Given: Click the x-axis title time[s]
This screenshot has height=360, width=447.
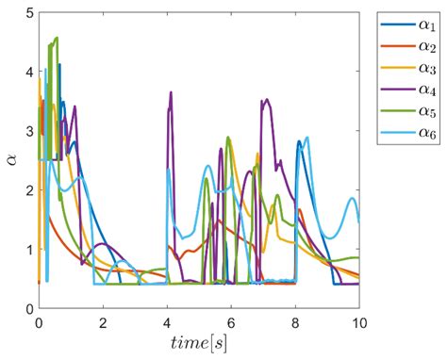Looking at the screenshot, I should pyautogui.click(x=199, y=342).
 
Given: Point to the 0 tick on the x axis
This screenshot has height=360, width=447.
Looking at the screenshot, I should pyautogui.click(x=39, y=320).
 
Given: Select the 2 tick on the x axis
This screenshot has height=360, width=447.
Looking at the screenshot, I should pyautogui.click(x=103, y=320).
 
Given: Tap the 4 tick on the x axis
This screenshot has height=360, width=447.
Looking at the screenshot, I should pyautogui.click(x=167, y=320).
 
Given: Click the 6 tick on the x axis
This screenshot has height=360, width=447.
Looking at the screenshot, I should pyautogui.click(x=231, y=320).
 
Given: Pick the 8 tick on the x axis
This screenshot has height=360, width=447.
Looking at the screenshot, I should pyautogui.click(x=295, y=320).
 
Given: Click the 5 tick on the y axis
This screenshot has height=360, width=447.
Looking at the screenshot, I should pyautogui.click(x=28, y=12).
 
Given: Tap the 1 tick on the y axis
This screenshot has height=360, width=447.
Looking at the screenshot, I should pyautogui.click(x=28, y=250).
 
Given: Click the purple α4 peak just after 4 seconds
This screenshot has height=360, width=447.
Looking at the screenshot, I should pyautogui.click(x=171, y=92).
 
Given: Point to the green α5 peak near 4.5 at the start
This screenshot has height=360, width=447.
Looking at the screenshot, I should pyautogui.click(x=57, y=38).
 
